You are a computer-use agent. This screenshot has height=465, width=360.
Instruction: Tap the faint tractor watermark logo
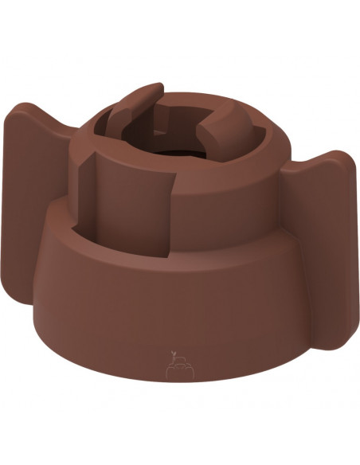point(179,368)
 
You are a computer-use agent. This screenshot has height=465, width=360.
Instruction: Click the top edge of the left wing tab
point(32,111)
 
